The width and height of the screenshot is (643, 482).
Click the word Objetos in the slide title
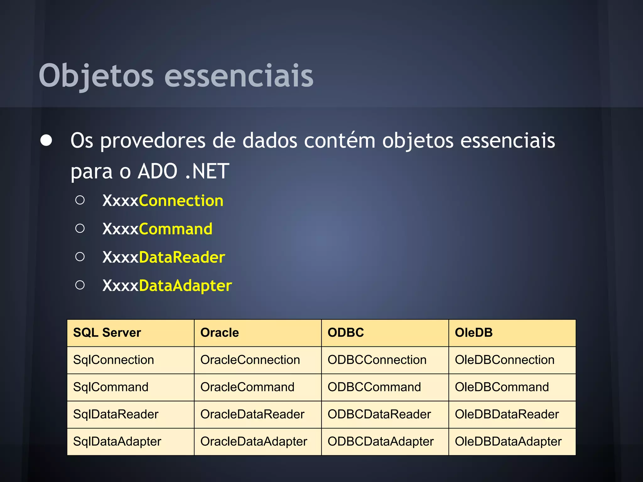tap(96, 76)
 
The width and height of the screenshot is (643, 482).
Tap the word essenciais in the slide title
tap(239, 76)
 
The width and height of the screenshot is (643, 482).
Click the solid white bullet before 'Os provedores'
tap(46, 141)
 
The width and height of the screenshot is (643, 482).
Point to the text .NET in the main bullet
tap(207, 171)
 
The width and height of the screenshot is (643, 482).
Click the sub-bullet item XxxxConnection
tap(163, 201)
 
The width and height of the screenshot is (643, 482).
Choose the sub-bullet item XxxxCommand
tap(157, 229)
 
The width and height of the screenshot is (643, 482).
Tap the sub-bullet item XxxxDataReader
tap(164, 257)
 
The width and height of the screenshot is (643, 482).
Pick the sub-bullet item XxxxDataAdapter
tap(167, 286)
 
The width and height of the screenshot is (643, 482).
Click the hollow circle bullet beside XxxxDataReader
tap(80, 257)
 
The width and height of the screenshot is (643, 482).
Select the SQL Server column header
tap(107, 333)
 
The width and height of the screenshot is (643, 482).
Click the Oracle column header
tap(219, 333)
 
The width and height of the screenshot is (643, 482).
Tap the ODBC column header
tap(346, 333)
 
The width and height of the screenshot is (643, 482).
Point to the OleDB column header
tap(473, 333)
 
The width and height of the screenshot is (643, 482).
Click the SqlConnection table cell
tap(114, 360)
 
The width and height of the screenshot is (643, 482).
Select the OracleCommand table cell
tap(247, 387)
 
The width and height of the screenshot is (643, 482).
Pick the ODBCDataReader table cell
tap(379, 415)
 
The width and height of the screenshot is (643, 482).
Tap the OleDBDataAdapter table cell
tap(508, 442)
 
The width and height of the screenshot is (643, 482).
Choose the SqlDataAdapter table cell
tap(117, 442)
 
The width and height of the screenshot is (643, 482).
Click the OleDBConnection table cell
tap(505, 360)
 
